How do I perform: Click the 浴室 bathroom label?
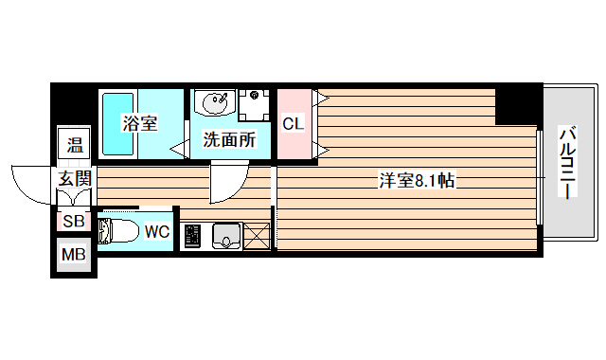[139, 124]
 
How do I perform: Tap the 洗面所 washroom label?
[228, 140]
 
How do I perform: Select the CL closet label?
[293, 124]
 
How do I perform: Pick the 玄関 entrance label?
[74, 178]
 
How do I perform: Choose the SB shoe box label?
[73, 222]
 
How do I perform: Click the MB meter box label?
[73, 254]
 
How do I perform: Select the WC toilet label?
[157, 230]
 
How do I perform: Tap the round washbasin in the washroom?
[210, 101]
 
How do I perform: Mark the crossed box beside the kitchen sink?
[257, 236]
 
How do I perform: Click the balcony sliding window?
[539, 177]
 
